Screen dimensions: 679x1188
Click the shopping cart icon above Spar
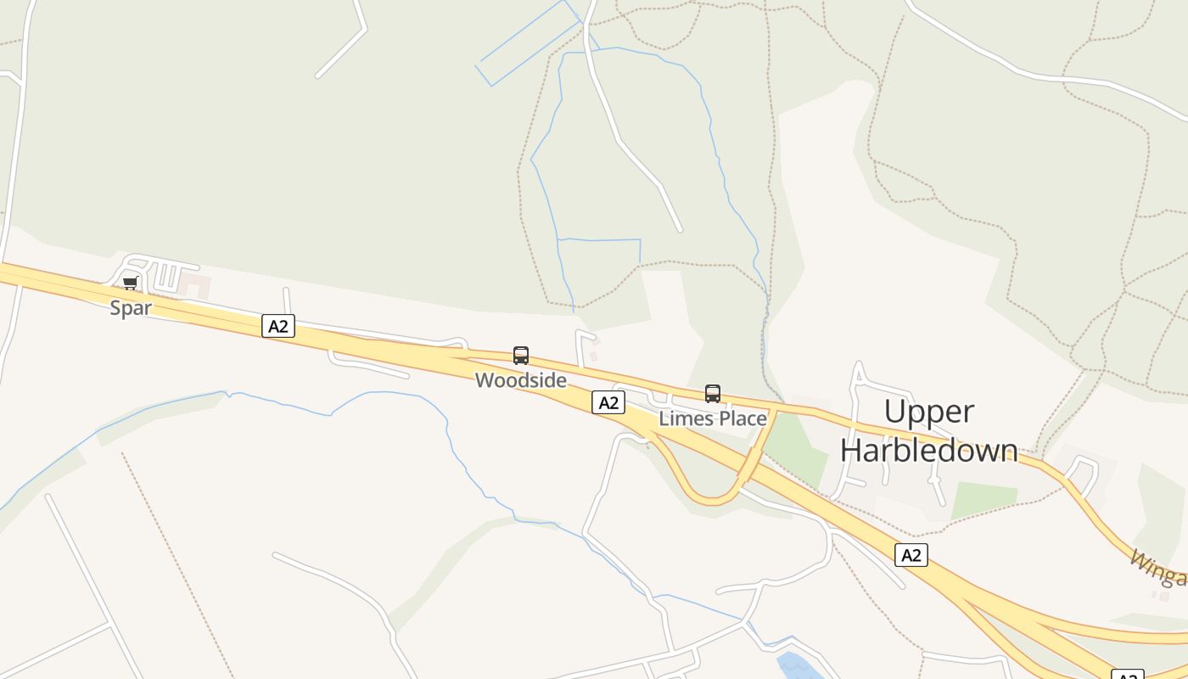click(130, 283)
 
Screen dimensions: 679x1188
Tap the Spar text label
click(131, 308)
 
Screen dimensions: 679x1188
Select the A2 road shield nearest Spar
click(278, 326)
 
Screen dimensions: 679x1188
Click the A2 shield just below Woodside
click(608, 402)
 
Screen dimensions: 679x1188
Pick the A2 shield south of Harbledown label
click(911, 555)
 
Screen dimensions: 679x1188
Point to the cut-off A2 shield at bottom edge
click(1127, 675)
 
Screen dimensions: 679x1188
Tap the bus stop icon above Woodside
click(521, 356)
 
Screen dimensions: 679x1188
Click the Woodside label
click(521, 380)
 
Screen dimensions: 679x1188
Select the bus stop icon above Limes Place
click(713, 394)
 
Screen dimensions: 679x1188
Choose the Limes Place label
click(713, 418)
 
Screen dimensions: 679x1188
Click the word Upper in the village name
click(929, 412)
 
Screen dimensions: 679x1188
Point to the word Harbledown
click(929, 449)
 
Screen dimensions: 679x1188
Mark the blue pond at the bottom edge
click(798, 665)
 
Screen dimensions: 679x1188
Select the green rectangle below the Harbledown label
click(984, 500)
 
